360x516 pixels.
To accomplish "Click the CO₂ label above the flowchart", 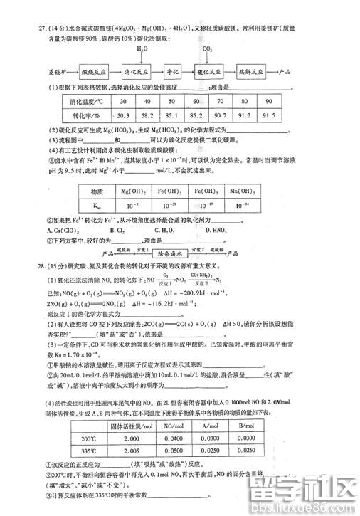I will click(208, 49).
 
